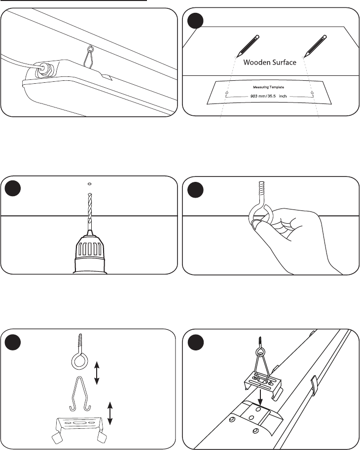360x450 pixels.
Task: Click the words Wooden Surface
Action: tap(270, 62)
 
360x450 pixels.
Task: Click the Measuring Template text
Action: tap(268, 87)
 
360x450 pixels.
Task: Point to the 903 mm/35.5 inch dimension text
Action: tap(268, 96)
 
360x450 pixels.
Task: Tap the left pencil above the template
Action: tap(248, 46)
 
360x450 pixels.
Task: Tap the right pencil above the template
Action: tap(316, 46)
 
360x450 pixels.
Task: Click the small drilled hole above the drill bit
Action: tap(89, 184)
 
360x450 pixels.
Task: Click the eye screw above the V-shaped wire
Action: tap(79, 353)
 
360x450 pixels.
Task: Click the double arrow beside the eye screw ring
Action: tap(97, 373)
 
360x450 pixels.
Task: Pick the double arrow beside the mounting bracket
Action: tap(110, 414)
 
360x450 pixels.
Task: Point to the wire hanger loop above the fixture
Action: tap(90, 57)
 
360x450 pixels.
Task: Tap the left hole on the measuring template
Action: tap(227, 93)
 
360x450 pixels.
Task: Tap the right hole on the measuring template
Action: tap(312, 93)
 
